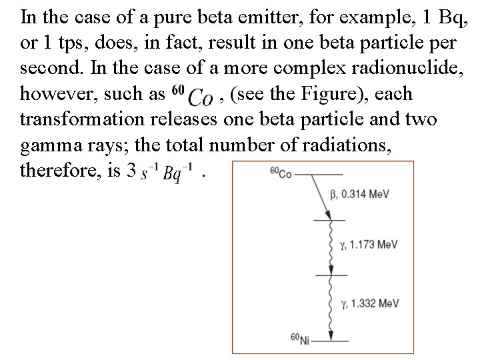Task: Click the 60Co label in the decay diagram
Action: click(x=281, y=173)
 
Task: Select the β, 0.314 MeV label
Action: click(x=359, y=194)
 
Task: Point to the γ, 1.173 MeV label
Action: click(x=369, y=245)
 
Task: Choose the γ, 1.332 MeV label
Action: click(x=370, y=303)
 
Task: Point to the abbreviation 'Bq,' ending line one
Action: click(x=453, y=15)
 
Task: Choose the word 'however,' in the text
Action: click(x=61, y=95)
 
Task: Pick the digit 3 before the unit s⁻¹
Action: click(x=131, y=171)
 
